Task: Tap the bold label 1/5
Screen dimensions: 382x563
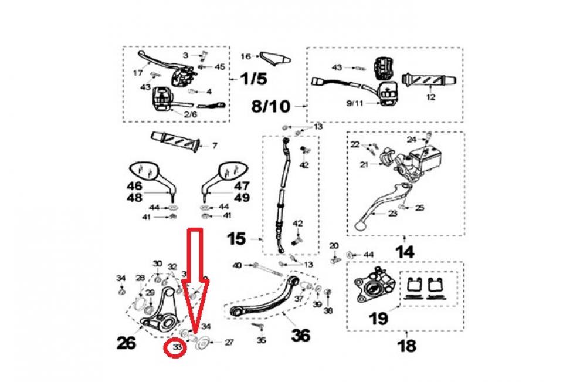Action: [253, 78]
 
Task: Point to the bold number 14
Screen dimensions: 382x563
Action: [405, 252]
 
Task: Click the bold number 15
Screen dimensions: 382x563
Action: [237, 239]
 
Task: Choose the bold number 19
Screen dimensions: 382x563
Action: [378, 319]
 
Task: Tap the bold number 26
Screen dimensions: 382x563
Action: [126, 343]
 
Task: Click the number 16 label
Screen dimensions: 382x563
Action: [245, 56]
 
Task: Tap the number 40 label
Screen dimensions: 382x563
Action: [236, 266]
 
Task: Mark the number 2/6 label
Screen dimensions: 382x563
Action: [190, 115]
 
